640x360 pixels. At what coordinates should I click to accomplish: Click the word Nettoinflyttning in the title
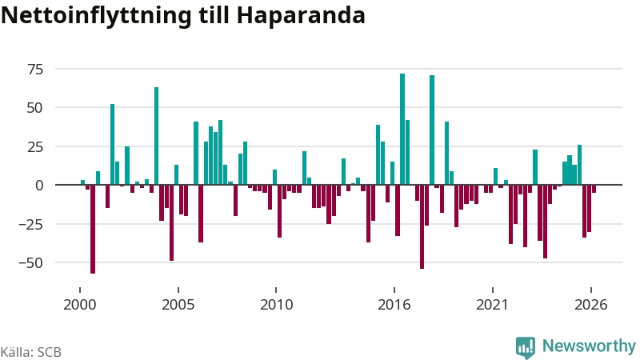tap(96, 15)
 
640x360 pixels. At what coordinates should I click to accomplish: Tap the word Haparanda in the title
tap(301, 15)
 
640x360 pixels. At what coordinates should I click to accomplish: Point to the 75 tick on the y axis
tap(35, 70)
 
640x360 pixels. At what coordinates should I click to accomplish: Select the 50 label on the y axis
tap(35, 108)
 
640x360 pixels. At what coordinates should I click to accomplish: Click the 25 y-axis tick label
tap(35, 147)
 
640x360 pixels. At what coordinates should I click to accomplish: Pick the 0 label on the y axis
tap(39, 186)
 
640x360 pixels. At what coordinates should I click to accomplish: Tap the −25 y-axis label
tap(31, 225)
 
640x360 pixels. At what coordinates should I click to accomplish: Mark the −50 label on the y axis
tap(31, 263)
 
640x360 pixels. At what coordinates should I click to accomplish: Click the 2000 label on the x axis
tap(79, 305)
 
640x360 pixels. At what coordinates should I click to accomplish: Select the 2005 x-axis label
tap(178, 305)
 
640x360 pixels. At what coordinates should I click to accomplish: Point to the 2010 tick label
tap(276, 305)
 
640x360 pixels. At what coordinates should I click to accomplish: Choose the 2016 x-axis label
tap(394, 305)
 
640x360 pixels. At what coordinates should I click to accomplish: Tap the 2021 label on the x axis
tap(492, 305)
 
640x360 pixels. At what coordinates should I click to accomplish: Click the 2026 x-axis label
tap(590, 305)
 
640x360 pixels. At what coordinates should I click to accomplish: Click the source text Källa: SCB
tap(31, 352)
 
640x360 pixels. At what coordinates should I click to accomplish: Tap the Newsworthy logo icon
tap(526, 347)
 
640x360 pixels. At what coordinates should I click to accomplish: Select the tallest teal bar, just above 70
tap(402, 129)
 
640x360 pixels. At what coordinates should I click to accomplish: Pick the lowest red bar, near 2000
tap(93, 229)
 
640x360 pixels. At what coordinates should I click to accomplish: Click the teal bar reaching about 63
tap(156, 136)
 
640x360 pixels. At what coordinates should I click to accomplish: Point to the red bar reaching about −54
tap(422, 226)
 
